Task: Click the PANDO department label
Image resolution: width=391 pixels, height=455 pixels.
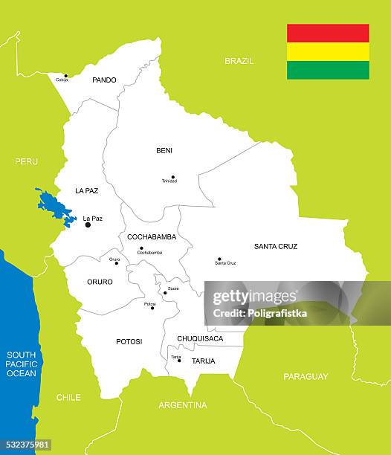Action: tap(104, 80)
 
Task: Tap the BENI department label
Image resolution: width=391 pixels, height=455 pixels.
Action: tap(164, 151)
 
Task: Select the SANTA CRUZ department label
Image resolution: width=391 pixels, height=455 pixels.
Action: tap(276, 246)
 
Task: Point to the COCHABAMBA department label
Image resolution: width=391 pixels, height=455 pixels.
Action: tap(152, 237)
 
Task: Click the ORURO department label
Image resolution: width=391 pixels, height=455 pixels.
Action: tap(100, 283)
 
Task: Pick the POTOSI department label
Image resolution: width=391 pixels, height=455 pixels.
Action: tap(129, 342)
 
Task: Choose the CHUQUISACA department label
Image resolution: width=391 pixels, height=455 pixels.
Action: tap(200, 339)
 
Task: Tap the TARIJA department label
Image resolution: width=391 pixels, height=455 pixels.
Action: tap(203, 361)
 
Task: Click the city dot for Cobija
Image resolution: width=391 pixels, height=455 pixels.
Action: tap(65, 75)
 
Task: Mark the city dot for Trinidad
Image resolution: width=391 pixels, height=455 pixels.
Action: tap(172, 177)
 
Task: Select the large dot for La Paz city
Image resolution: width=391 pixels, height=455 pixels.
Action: tap(88, 225)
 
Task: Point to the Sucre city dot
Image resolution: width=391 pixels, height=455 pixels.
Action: tap(165, 292)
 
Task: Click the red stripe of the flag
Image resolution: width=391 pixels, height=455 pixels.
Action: tap(328, 33)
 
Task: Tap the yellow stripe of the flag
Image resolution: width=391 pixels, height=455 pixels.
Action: tap(328, 51)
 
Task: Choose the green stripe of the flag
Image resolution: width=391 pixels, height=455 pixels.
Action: tap(328, 70)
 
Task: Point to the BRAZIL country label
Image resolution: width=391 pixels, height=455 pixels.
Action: tap(239, 61)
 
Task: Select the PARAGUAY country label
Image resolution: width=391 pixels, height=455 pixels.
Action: tap(306, 377)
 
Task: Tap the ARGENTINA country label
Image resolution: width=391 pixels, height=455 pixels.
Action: tap(183, 405)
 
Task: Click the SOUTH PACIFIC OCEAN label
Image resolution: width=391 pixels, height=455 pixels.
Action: tap(21, 364)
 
